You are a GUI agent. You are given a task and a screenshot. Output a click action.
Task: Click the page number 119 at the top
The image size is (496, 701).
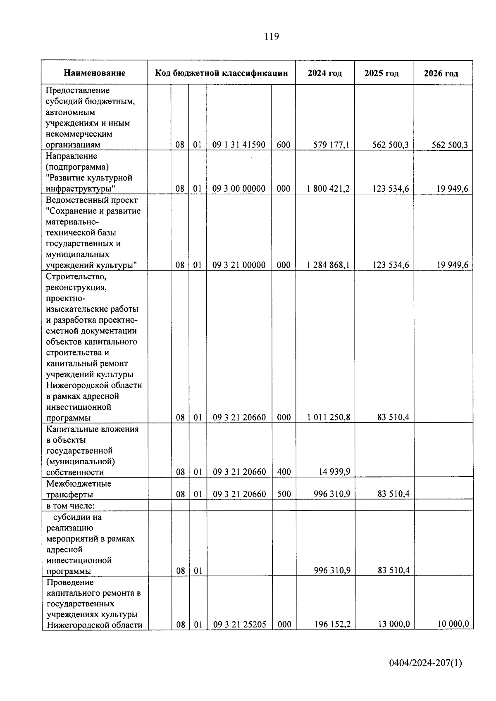272,37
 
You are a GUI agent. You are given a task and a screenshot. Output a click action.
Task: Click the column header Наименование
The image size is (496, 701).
94,73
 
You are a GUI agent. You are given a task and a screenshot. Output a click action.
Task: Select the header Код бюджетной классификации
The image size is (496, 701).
221,73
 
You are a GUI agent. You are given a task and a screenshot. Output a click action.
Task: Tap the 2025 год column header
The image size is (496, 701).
382,74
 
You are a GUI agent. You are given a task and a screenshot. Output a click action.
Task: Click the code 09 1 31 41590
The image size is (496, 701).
239,145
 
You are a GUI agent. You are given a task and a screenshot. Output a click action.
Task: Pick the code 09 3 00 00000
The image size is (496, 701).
239,189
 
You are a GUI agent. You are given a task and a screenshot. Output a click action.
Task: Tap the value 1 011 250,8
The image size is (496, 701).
329,417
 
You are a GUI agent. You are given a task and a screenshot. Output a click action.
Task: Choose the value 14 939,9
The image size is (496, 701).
334,472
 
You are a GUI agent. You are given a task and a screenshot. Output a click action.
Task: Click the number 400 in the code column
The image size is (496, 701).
284,472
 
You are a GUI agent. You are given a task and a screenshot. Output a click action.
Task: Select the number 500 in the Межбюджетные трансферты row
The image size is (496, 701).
284,494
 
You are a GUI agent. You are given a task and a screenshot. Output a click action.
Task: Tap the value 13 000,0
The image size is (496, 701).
394,624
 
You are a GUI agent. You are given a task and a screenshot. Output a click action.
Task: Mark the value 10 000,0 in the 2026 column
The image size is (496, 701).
453,624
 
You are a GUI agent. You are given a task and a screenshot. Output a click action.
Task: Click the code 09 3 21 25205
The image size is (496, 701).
239,624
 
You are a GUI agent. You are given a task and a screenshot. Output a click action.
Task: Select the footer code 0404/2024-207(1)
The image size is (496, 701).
425,663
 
